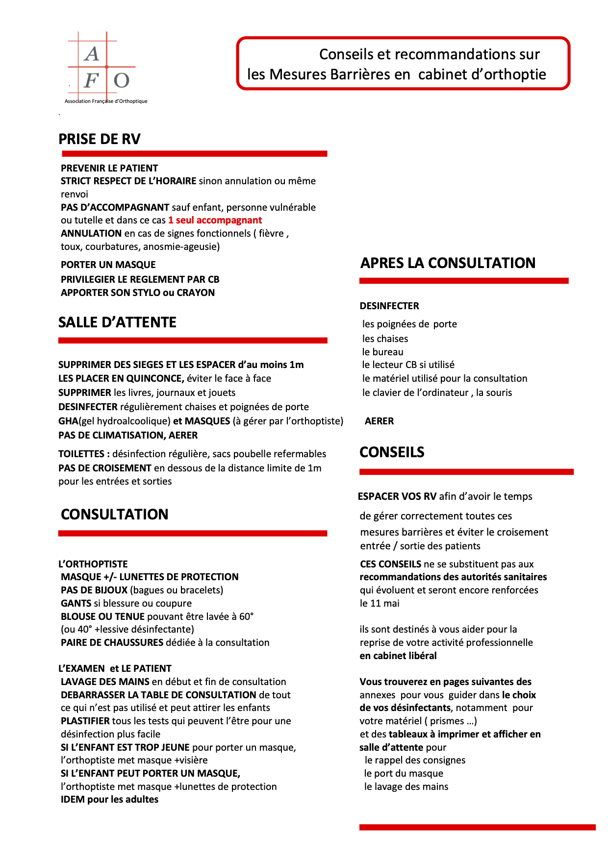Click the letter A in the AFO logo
(91, 54)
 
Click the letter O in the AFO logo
(122, 80)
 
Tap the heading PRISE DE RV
(100, 139)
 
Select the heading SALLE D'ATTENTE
(117, 322)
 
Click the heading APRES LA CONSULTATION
(448, 263)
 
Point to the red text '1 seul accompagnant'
(215, 221)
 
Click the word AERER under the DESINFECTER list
(379, 421)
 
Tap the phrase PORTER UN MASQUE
(108, 265)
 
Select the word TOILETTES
(81, 454)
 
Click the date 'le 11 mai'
(380, 604)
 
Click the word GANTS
(76, 604)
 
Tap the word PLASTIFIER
(85, 721)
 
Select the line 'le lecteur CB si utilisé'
(408, 365)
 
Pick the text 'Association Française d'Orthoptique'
(106, 101)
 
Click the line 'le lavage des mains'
(406, 787)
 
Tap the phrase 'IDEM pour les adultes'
(109, 800)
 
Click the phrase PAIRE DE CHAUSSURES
(112, 643)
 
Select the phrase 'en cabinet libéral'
(398, 656)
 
